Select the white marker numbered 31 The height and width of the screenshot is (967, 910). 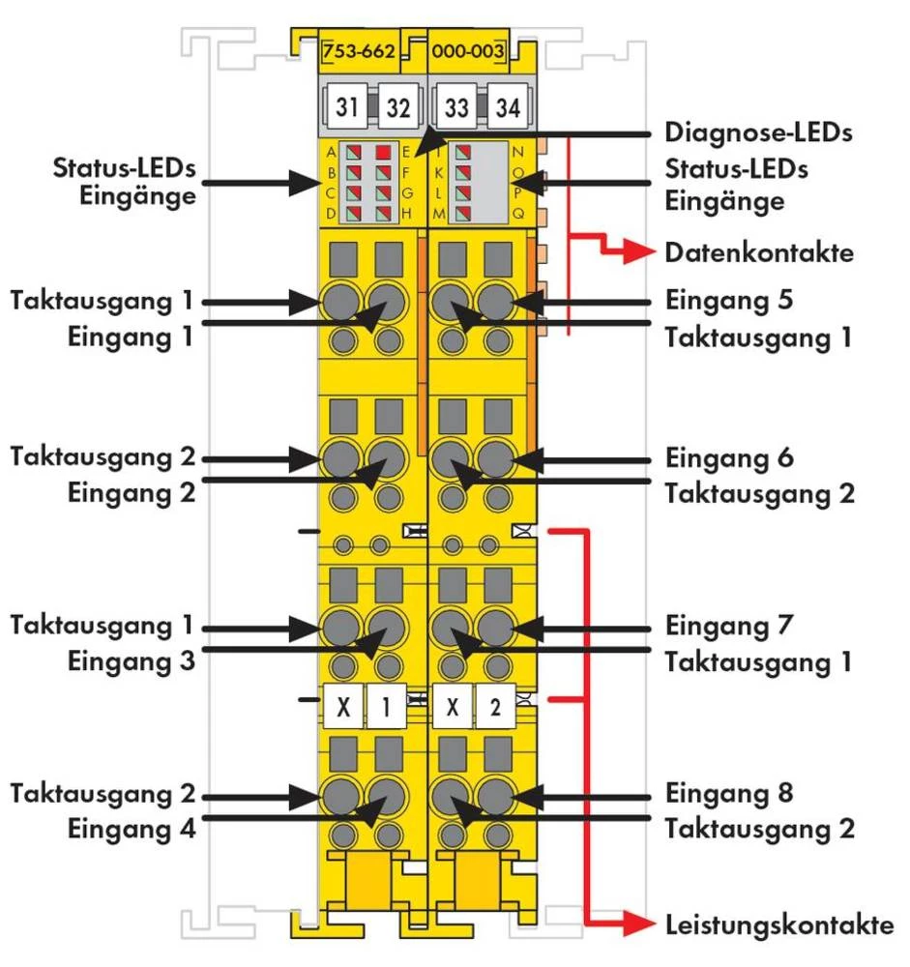(349, 107)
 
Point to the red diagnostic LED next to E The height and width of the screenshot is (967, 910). (385, 152)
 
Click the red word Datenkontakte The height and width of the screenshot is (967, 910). (759, 253)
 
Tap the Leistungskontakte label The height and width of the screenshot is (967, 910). (778, 924)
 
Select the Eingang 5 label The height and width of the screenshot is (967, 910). (730, 300)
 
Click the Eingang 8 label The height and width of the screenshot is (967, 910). (730, 794)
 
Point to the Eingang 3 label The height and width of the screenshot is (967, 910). (132, 662)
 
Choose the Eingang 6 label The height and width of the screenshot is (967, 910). (730, 456)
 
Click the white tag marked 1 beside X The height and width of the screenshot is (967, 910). (386, 707)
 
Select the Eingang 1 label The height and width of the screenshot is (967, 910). (132, 337)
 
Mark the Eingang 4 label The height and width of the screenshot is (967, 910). (132, 829)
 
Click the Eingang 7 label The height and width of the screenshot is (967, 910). (730, 626)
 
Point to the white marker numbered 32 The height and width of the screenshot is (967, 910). (397, 107)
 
